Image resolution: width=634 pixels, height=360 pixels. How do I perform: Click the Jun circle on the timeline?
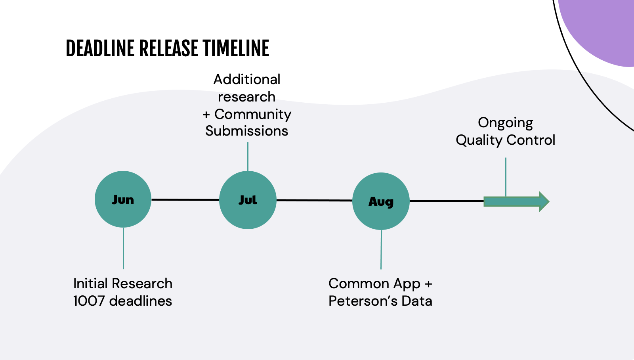click(123, 199)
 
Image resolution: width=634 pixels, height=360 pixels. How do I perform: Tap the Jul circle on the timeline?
click(248, 200)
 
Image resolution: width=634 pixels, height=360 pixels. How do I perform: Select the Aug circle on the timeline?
click(381, 201)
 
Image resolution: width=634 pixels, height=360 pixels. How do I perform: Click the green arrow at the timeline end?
click(517, 202)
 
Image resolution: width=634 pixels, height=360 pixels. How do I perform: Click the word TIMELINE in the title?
click(236, 48)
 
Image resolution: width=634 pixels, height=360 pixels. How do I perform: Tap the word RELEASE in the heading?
click(168, 48)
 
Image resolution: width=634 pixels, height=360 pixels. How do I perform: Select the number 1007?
click(89, 301)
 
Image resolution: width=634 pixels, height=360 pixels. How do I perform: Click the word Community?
click(253, 115)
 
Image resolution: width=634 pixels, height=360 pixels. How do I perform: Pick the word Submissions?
click(246, 131)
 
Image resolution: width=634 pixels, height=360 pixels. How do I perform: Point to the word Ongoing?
click(506, 123)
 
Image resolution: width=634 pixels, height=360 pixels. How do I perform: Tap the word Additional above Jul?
click(247, 79)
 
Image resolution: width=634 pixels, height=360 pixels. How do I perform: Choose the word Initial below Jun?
click(91, 283)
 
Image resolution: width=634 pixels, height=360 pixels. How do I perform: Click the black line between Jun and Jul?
click(185, 200)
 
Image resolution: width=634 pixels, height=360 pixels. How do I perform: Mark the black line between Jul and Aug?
click(315, 200)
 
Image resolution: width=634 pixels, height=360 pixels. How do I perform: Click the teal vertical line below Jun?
click(123, 248)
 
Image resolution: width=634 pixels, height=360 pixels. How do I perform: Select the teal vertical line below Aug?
click(381, 249)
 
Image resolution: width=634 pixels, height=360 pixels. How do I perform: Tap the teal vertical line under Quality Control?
click(506, 177)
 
